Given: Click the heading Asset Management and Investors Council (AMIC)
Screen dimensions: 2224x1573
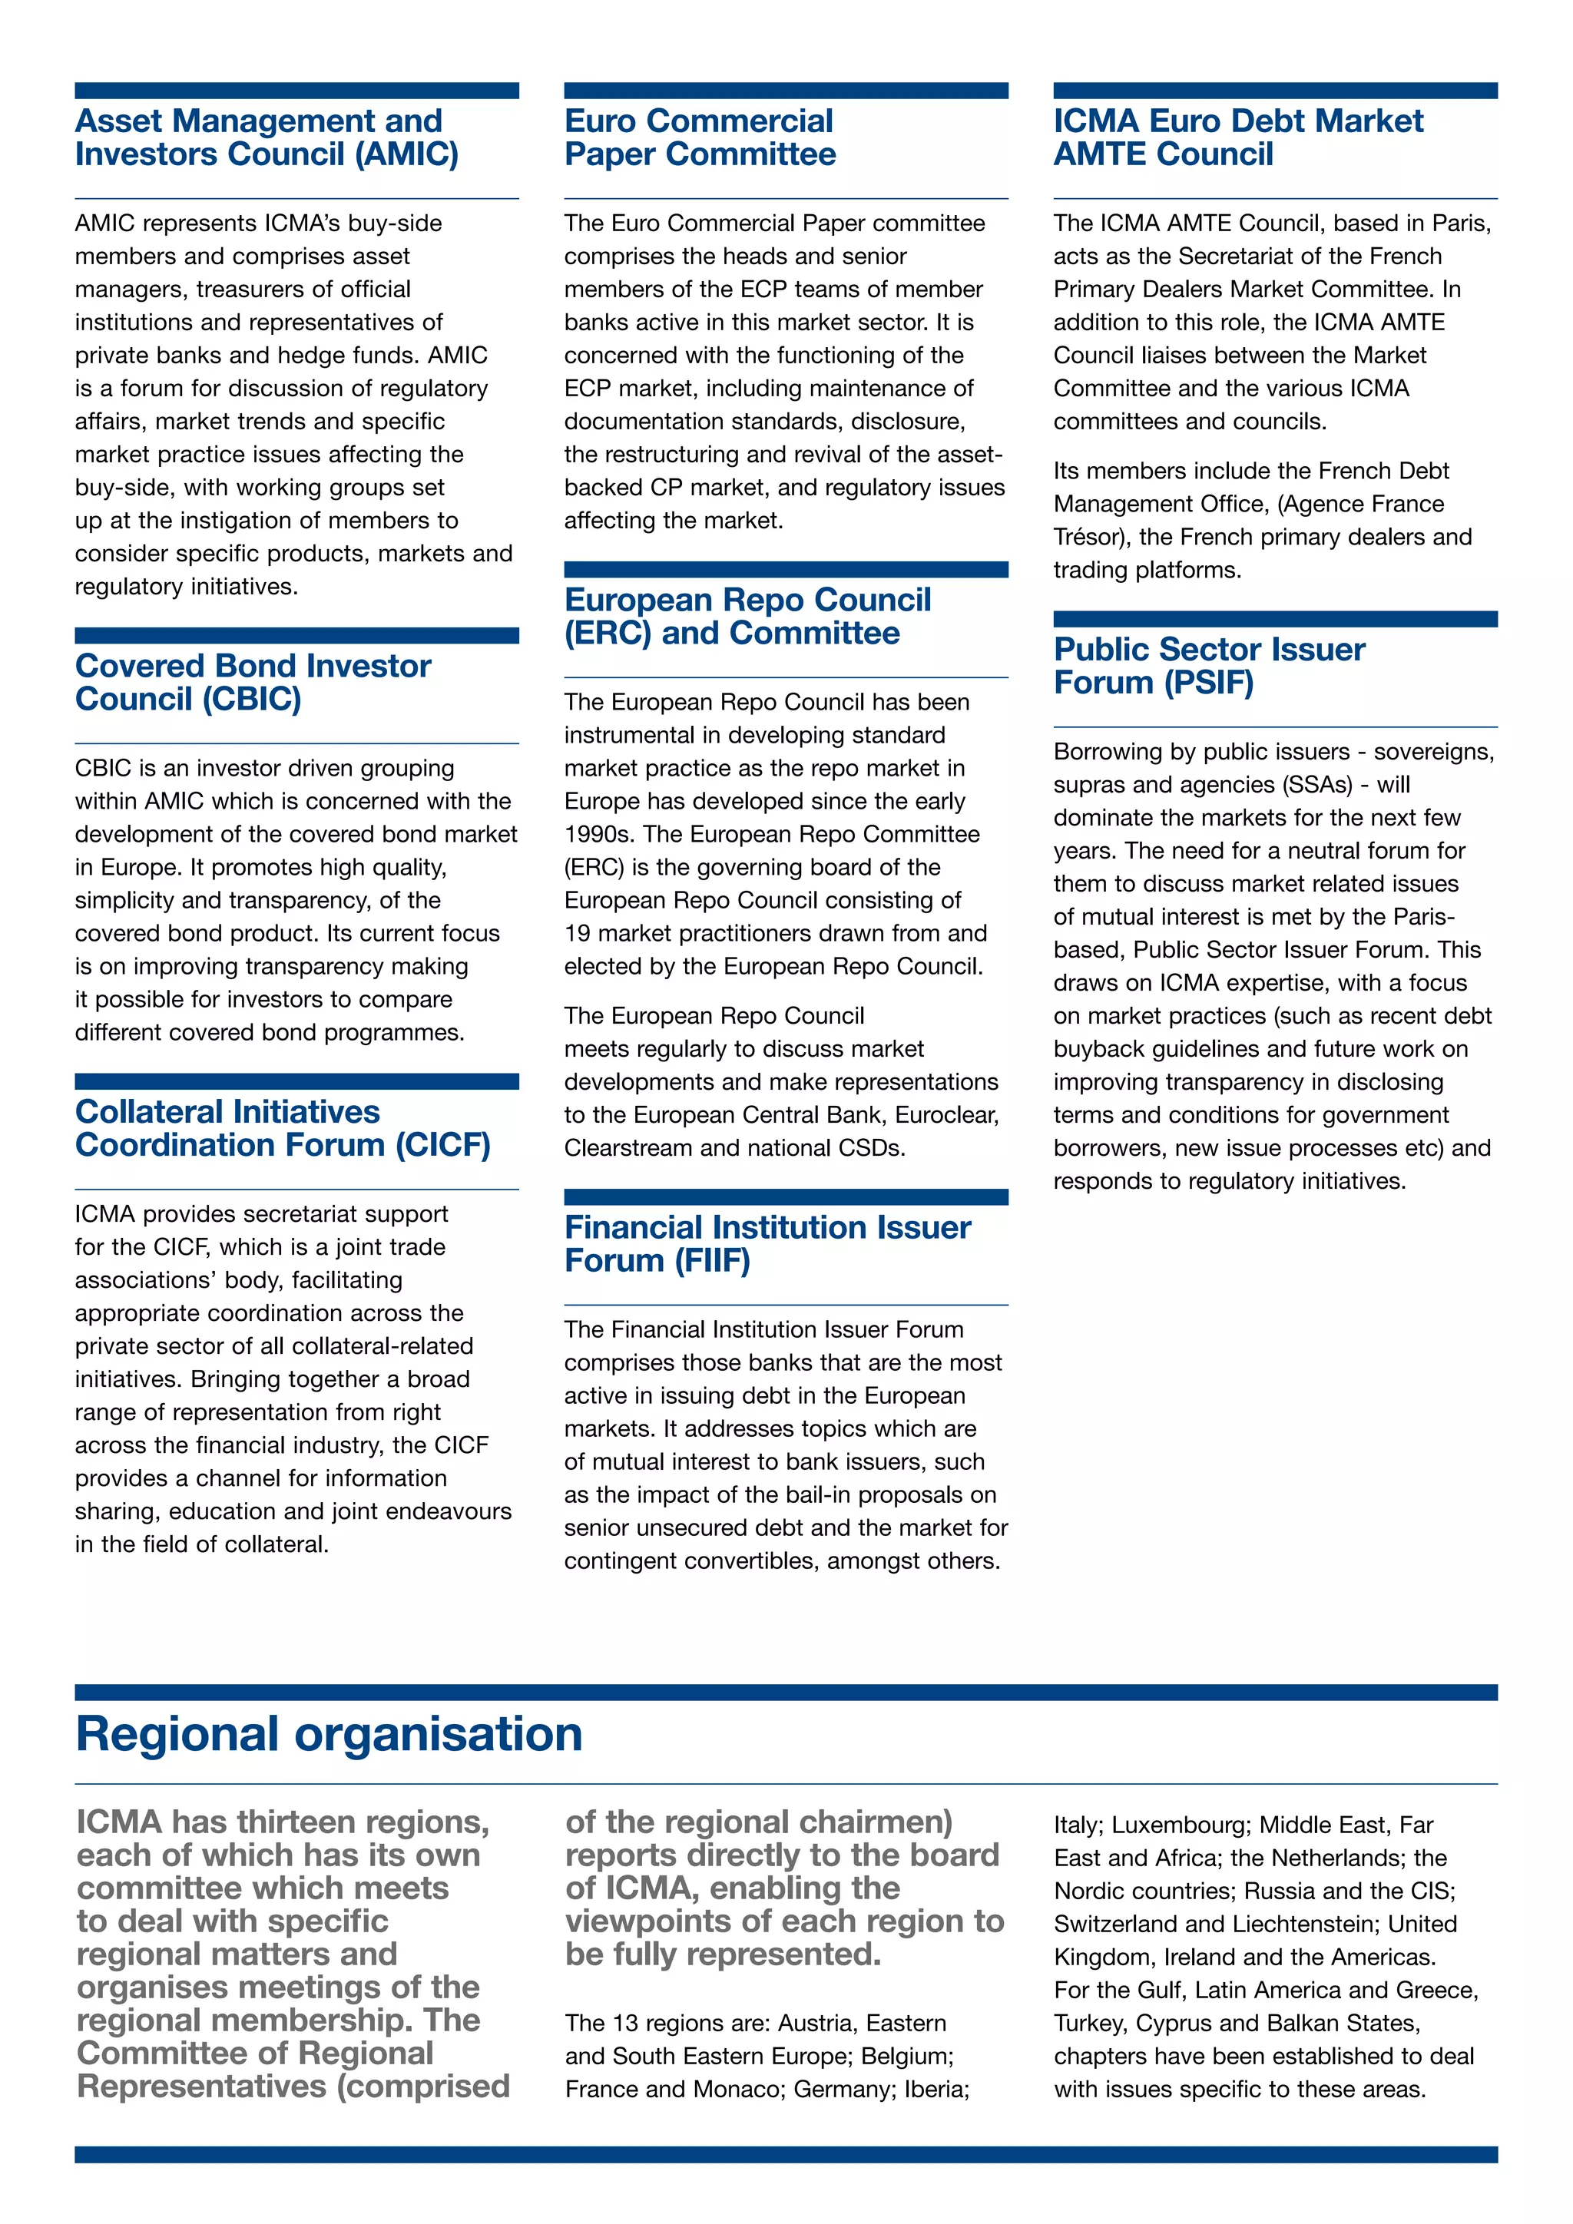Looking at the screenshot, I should click(x=267, y=137).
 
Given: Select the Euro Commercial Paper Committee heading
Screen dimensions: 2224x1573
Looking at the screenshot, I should click(x=700, y=137).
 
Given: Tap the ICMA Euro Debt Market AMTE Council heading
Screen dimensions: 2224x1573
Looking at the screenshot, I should click(x=1238, y=137).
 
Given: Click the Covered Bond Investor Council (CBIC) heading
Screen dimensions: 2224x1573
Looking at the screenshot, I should click(x=253, y=682).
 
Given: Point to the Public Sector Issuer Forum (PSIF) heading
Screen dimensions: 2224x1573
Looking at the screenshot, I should click(x=1209, y=666).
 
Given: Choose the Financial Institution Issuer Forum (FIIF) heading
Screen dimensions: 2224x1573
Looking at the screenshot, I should click(x=767, y=1244).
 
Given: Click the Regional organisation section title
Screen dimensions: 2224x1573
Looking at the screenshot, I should click(x=330, y=1734).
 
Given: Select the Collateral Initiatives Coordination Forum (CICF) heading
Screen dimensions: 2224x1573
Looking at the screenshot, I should click(x=283, y=1128).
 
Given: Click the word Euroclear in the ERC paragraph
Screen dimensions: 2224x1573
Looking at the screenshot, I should click(x=946, y=1115).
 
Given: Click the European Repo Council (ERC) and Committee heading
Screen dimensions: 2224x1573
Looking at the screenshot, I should click(x=747, y=616).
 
